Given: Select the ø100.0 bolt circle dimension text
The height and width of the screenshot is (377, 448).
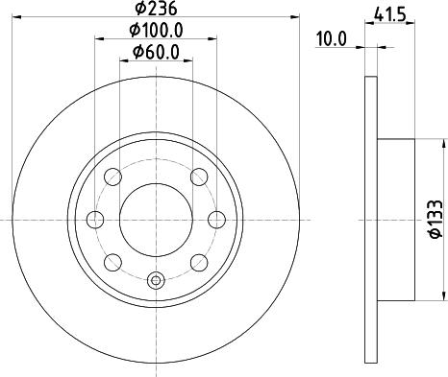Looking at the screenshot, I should pos(156,31).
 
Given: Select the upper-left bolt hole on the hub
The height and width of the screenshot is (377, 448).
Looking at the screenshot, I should pos(113,177).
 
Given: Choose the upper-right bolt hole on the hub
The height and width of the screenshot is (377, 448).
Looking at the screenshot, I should pos(199,177).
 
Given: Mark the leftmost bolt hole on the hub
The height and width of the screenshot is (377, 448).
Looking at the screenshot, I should pos(96,219).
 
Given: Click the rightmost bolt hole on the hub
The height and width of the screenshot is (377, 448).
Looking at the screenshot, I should pos(216,219).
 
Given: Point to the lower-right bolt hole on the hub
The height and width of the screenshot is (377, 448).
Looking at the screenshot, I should pos(199,261).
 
